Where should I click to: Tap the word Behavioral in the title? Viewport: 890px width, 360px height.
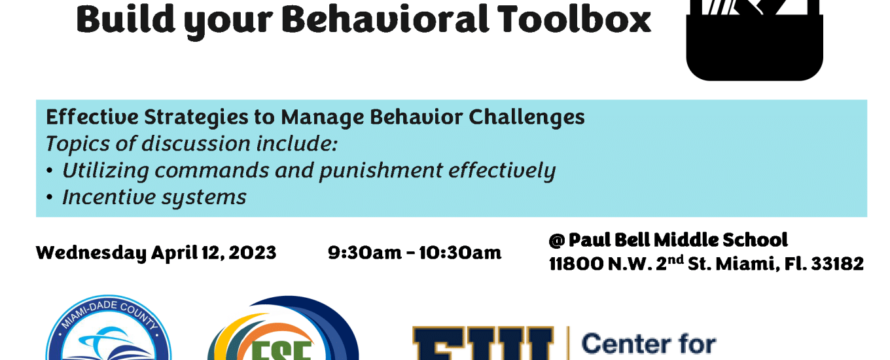coord(385,20)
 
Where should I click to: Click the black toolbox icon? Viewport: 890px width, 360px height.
coord(754,40)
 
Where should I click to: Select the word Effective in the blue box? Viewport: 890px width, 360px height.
coord(92,117)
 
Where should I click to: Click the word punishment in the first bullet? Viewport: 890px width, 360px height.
coord(381,171)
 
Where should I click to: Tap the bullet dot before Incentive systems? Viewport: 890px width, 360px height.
coord(49,197)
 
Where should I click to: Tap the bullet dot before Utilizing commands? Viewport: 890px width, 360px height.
coord(49,171)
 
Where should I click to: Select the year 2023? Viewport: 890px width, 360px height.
coord(253,253)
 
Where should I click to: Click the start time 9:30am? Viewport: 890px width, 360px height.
coord(365,253)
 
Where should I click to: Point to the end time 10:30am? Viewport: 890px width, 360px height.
coord(460,253)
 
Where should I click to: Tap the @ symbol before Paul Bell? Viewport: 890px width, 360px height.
coord(557,240)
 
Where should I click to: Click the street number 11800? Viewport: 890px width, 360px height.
coord(577,264)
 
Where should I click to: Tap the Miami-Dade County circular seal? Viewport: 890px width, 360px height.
coord(109,328)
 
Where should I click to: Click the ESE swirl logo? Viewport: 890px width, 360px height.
coord(283,328)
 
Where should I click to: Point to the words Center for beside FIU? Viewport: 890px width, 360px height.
coord(649,344)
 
